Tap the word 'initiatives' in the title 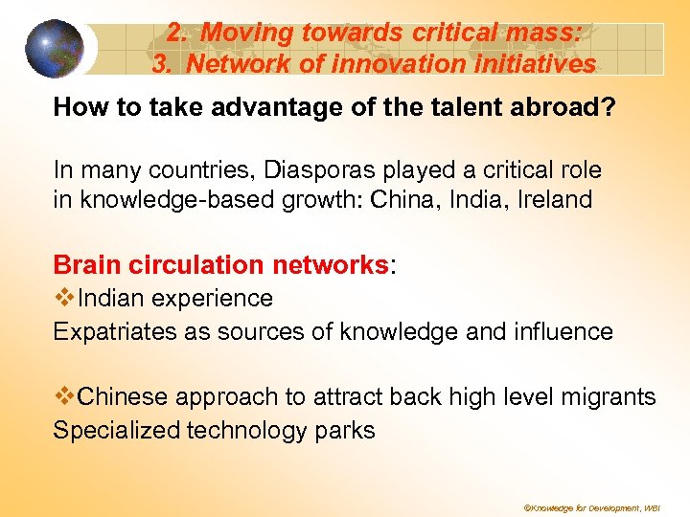tap(534, 64)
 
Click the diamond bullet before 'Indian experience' tap(64, 298)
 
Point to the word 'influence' tap(563, 331)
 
